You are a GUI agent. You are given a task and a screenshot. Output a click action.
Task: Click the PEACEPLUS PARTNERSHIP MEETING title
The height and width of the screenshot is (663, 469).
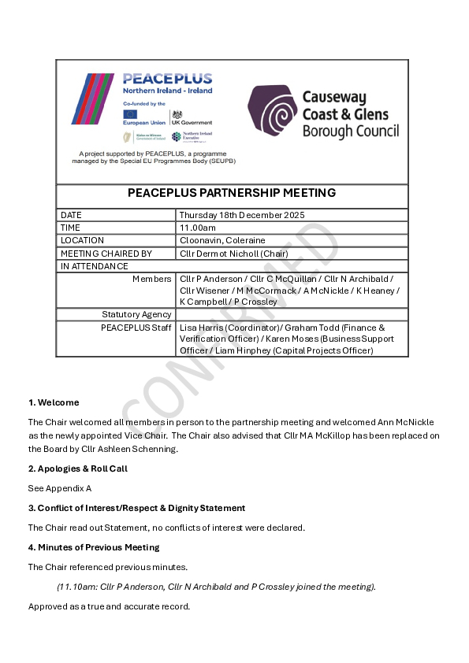coord(232,193)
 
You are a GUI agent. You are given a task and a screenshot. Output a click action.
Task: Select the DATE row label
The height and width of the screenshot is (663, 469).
coord(71,215)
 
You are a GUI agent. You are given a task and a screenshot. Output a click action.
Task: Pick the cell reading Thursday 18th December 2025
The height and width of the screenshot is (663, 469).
coord(241,215)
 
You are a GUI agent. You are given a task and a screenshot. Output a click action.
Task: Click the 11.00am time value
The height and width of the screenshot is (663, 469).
coord(197,228)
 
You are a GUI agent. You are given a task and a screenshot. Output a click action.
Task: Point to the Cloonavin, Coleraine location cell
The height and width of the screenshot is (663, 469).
coord(222,240)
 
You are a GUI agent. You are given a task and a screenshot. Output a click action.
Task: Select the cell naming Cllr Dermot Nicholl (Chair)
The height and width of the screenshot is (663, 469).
coord(233,254)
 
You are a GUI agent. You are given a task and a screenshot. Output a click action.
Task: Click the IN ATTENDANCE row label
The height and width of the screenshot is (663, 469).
coord(95,266)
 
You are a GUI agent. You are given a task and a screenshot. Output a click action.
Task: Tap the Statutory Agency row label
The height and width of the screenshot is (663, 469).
coord(136,314)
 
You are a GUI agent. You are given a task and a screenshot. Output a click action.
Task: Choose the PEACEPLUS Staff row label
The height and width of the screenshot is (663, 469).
coord(136,327)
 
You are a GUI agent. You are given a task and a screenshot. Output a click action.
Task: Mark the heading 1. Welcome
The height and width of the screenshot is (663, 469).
coord(54,402)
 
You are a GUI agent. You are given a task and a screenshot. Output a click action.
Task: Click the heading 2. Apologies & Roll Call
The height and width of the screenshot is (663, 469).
coord(78,469)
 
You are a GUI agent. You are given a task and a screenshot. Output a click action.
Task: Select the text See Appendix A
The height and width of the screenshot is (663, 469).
coord(60,488)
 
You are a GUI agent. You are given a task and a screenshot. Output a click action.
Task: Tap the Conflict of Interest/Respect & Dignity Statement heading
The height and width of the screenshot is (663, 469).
coord(136,508)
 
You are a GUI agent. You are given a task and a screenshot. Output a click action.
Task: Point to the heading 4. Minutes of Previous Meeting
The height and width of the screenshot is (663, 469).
coord(94,547)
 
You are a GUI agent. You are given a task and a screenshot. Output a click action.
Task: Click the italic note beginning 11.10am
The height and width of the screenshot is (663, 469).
coord(216,587)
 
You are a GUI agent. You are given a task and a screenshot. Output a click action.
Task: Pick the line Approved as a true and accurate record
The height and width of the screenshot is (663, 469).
coord(109,606)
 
